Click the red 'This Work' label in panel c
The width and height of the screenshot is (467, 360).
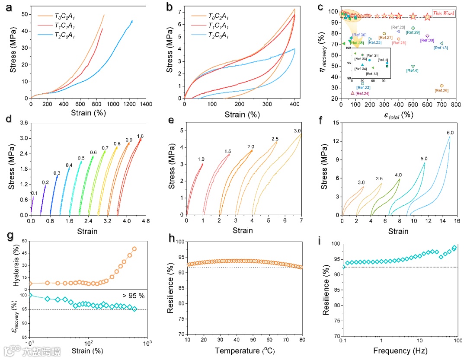coord(444,13)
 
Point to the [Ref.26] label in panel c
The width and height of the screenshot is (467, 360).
coord(441,91)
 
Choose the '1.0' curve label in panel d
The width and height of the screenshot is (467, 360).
coord(140,136)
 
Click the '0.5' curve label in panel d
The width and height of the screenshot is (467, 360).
coord(81,158)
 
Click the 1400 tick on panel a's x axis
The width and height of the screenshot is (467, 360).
coord(146,104)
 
